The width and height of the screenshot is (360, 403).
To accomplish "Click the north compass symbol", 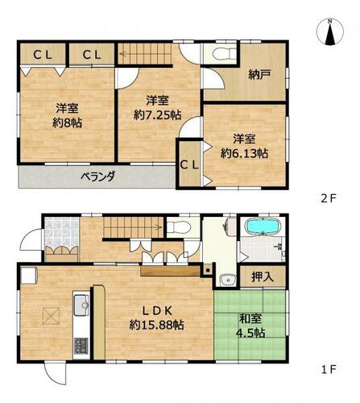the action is click(x=330, y=32).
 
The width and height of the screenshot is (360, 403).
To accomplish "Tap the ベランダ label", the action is click(x=98, y=177).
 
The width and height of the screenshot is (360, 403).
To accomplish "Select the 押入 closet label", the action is click(x=263, y=276).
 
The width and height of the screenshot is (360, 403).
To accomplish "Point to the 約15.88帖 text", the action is click(x=156, y=325).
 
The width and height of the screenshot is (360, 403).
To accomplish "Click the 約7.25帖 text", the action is click(x=157, y=115).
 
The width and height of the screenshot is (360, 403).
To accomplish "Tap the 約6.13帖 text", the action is click(x=244, y=153).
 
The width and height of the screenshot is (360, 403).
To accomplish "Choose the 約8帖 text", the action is click(x=67, y=123).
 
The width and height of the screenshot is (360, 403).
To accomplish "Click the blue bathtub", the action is click(x=263, y=226).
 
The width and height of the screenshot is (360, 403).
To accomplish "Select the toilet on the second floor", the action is click(x=223, y=53).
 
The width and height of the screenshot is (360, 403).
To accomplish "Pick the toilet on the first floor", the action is click(x=179, y=227).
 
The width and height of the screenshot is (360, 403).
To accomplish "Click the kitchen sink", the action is click(x=81, y=305).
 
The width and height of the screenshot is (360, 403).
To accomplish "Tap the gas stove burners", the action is click(x=81, y=346).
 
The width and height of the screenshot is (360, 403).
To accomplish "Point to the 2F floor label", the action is click(x=329, y=198).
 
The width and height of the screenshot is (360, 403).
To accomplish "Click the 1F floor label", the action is click(x=329, y=370).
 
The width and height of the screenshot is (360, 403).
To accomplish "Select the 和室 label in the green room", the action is click(x=250, y=319).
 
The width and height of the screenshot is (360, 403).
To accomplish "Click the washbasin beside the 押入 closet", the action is click(x=228, y=280).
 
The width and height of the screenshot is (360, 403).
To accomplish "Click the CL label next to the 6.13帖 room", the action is click(x=189, y=165).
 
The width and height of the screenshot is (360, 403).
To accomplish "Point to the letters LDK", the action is click(x=157, y=311).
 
